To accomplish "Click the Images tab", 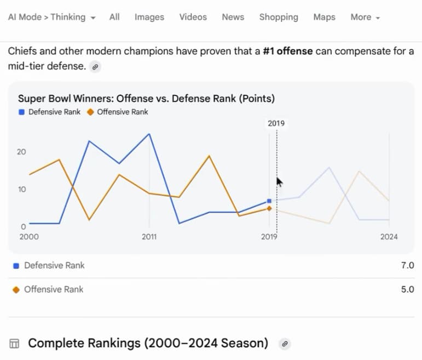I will click(x=149, y=17).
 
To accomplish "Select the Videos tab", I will click(x=193, y=17).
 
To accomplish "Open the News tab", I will click(x=233, y=17).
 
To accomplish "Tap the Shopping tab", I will click(x=279, y=17).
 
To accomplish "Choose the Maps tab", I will click(x=324, y=17).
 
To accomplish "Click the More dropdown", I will click(x=365, y=17).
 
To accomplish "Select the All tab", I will click(x=114, y=17).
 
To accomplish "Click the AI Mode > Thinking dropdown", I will click(x=51, y=17).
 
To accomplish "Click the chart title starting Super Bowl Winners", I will click(x=146, y=99).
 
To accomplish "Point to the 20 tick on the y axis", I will click(x=21, y=152).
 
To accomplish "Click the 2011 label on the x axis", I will click(x=149, y=237).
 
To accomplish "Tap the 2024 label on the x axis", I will click(x=389, y=237).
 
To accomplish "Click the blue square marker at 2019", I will click(x=269, y=201).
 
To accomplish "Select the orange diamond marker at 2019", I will click(x=269, y=208).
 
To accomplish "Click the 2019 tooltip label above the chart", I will click(x=276, y=123).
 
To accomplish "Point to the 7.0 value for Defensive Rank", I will click(x=407, y=265).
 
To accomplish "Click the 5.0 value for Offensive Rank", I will click(x=407, y=289).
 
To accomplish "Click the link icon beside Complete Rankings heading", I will click(x=284, y=344).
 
